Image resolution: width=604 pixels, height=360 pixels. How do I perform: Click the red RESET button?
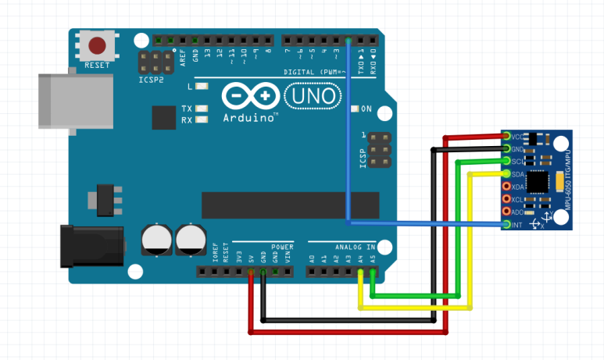[x=98, y=46]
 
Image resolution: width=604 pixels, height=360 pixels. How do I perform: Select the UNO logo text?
[x=313, y=96]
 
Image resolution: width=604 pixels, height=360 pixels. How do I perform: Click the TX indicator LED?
[x=202, y=109]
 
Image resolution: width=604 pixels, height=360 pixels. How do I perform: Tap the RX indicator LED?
[x=202, y=120]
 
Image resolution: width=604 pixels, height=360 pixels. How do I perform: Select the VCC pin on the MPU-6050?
[x=507, y=137]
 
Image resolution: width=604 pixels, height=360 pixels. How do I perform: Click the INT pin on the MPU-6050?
[x=507, y=225]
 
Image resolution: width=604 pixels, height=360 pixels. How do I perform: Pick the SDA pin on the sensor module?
[x=507, y=174]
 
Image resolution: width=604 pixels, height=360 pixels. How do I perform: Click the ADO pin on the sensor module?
[x=507, y=212]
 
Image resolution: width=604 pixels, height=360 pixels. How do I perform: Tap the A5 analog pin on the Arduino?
[x=373, y=273]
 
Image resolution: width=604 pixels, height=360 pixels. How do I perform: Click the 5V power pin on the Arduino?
[x=252, y=273]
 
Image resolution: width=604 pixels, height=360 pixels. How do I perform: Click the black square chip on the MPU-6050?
[x=538, y=181]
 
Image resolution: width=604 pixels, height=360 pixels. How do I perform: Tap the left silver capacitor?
[x=157, y=240]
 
